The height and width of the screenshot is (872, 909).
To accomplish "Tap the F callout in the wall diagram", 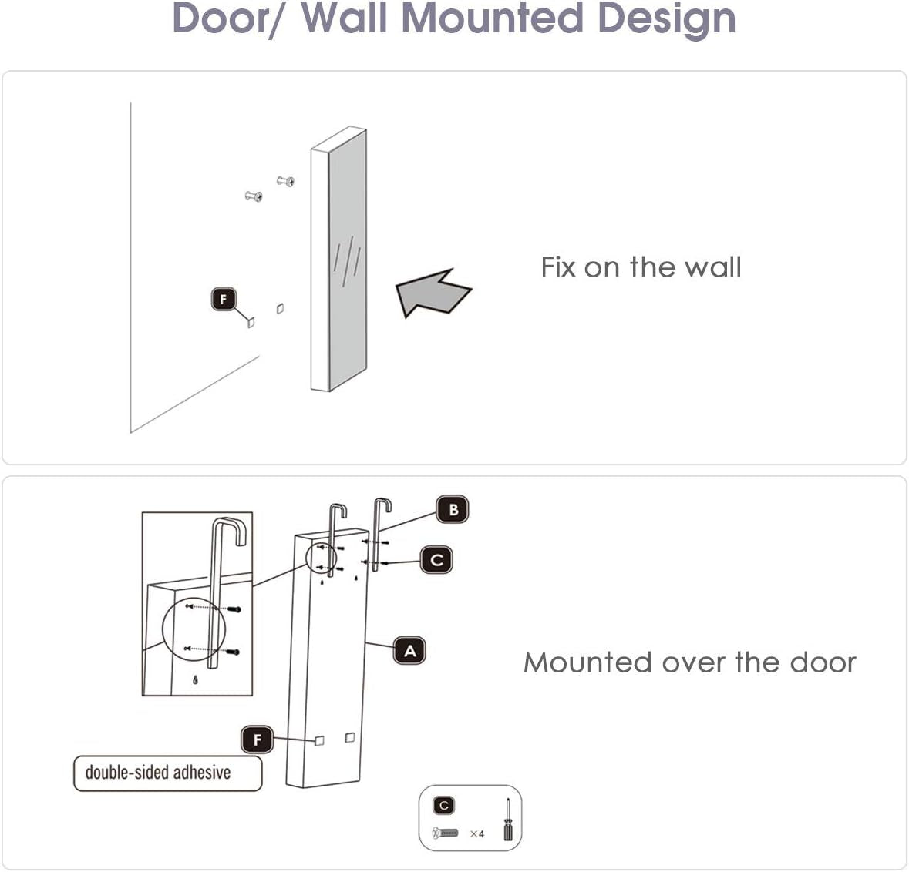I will [x=224, y=299].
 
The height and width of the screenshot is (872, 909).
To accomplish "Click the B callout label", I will [x=453, y=509].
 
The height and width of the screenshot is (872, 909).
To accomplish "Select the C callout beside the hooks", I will [x=436, y=559].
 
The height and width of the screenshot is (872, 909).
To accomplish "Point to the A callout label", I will [x=409, y=651].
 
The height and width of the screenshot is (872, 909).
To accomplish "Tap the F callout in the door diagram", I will [x=257, y=740].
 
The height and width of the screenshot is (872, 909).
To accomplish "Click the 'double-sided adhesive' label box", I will [x=167, y=773].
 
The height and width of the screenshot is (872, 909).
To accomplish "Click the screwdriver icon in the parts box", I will [x=507, y=820].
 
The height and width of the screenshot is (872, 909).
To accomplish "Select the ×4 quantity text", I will [x=477, y=833].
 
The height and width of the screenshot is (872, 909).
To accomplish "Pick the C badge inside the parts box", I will [x=443, y=806].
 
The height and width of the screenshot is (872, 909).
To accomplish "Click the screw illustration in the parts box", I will [x=446, y=833].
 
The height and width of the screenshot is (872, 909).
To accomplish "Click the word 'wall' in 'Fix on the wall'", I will [x=712, y=267].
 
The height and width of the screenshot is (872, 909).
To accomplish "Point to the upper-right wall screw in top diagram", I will [x=286, y=181].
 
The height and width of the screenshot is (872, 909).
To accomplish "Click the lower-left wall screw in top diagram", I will [x=254, y=196].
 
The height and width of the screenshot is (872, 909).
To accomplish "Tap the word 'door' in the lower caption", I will [x=823, y=662].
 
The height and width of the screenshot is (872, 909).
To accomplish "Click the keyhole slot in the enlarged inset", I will [x=196, y=680].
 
